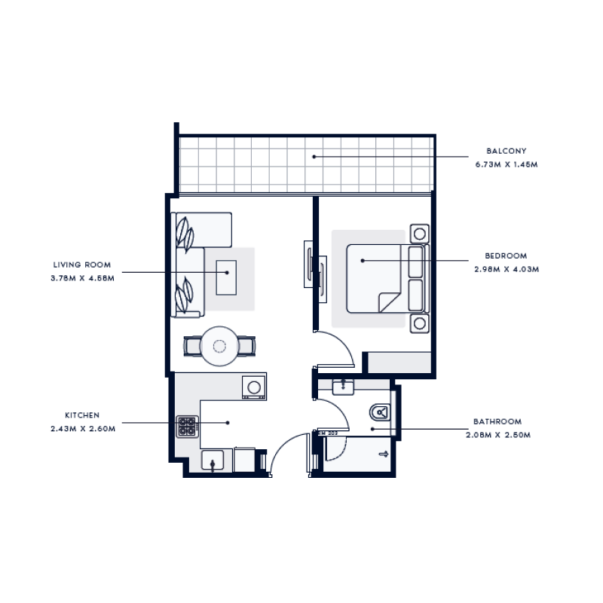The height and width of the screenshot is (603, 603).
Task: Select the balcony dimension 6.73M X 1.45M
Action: coord(506,164)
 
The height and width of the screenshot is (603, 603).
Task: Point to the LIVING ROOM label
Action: coord(82,265)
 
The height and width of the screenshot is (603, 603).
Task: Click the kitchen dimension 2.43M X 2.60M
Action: coord(82,428)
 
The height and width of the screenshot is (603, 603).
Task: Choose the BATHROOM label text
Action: coord(497,421)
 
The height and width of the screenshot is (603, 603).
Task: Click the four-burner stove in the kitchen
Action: coord(186,426)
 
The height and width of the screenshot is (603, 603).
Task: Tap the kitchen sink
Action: coord(213,460)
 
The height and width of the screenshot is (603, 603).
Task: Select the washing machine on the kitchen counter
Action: coord(254,387)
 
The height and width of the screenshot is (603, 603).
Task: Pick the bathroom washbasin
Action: coord(344,387)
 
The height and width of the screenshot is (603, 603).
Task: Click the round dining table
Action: coord(219,346)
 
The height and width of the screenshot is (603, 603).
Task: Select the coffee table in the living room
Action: coord(226,277)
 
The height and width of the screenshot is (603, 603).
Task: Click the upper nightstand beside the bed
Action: coord(418,232)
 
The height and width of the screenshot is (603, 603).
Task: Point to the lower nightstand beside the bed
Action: coord(418,323)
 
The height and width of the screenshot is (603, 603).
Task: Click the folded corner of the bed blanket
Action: coord(389,302)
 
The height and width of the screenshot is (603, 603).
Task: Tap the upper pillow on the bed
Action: coord(416,262)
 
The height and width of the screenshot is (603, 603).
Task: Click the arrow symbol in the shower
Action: coord(383,454)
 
